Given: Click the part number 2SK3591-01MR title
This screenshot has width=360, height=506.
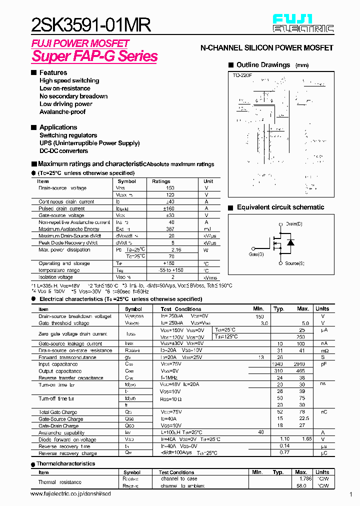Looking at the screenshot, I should [91, 24].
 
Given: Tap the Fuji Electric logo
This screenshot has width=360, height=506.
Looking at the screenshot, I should [303, 23].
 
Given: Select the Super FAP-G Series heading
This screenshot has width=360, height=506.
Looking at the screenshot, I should [94, 56].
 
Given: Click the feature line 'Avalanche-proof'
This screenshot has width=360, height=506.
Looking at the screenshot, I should [62, 112].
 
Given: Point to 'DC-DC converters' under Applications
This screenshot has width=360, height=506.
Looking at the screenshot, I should [63, 151].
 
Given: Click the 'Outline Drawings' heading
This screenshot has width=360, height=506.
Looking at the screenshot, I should [263, 65].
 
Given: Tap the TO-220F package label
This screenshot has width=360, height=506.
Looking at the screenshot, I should [242, 75].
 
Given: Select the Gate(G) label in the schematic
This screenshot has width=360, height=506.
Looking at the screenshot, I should [256, 254].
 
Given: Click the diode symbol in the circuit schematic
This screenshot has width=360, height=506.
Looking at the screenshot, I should [290, 243].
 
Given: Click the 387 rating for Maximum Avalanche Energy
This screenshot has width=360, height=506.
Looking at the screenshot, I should [171, 229].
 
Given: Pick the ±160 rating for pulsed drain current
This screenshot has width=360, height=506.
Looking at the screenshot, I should [171, 208].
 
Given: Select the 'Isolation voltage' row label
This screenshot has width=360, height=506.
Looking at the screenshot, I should [55, 277].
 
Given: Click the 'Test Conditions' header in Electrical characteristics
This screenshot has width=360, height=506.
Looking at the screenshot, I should [181, 309].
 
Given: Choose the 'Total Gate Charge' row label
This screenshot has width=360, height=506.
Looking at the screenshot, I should [58, 412].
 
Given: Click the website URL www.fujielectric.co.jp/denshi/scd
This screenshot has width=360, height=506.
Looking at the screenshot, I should [70, 494].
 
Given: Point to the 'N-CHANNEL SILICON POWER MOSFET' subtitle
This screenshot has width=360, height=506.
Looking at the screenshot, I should [266, 48].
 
